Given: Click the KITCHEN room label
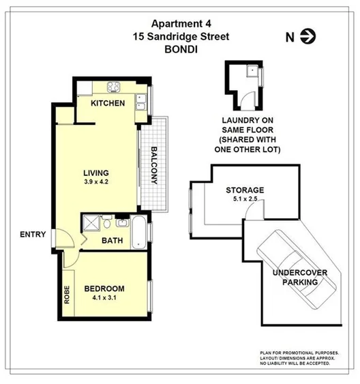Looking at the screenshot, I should pyautogui.click(x=108, y=104).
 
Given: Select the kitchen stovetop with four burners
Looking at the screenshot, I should pyautogui.click(x=112, y=87).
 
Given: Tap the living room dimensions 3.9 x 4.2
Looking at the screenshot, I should pyautogui.click(x=96, y=182).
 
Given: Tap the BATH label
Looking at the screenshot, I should pyautogui.click(x=112, y=241).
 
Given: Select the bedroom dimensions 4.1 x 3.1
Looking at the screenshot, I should pyautogui.click(x=104, y=297).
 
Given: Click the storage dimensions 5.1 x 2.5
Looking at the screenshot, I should pyautogui.click(x=245, y=200).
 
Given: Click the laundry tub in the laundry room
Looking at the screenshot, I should pyautogui.click(x=252, y=70).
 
